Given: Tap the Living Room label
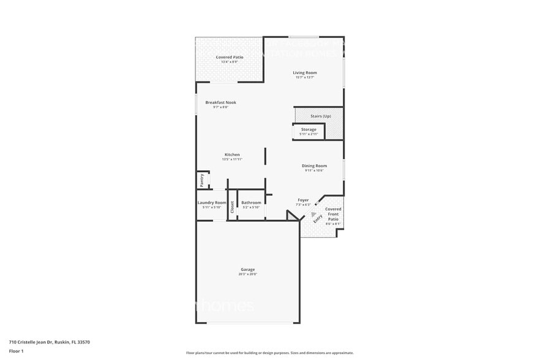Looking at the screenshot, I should click(304, 73).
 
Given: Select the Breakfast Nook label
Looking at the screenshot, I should click(220, 102).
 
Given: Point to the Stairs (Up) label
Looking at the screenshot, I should click(320, 116).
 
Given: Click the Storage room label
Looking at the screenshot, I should click(309, 130).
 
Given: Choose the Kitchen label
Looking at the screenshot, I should click(232, 155).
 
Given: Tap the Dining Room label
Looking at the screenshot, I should click(314, 166).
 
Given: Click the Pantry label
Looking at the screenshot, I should click(201, 181).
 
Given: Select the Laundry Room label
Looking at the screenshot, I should click(212, 203).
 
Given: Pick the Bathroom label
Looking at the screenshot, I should click(251, 203).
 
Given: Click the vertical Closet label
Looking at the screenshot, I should click(232, 208).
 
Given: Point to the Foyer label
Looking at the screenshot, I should click(303, 200).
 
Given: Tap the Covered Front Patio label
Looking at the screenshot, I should click(333, 214).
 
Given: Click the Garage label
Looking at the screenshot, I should click(247, 269).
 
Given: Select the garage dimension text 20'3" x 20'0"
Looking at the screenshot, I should click(247, 274).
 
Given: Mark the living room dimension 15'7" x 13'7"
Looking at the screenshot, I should click(304, 78).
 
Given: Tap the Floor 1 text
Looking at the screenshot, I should click(16, 351).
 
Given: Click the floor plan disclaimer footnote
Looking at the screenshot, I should click(269, 353).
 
